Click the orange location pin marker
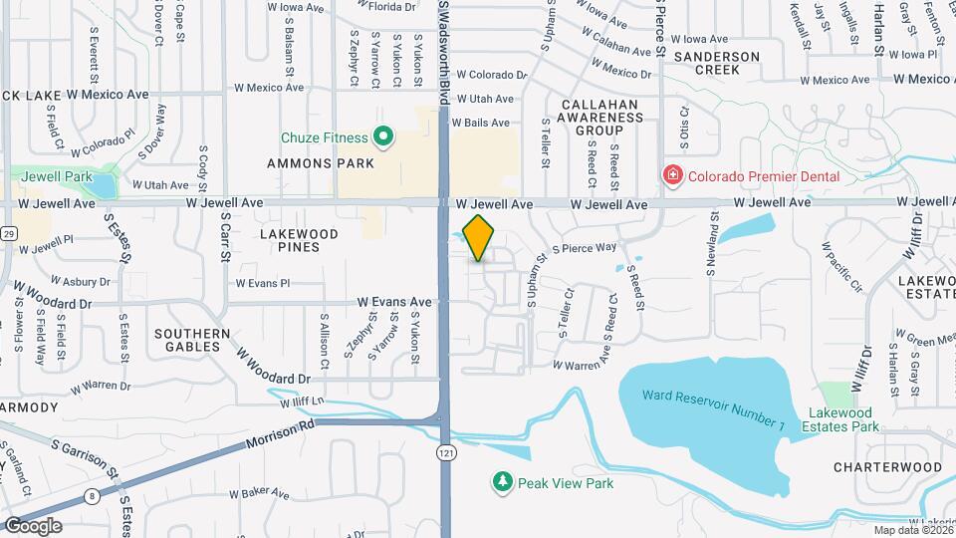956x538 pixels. pyautogui.click(x=479, y=237)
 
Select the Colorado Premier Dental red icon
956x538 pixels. pyautogui.click(x=673, y=176)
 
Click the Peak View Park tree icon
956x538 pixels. pyautogui.click(x=503, y=483)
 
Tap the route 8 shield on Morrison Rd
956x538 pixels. pyautogui.click(x=92, y=495)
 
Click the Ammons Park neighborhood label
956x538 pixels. pyautogui.click(x=320, y=162)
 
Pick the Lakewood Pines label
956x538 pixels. pyautogui.click(x=299, y=240)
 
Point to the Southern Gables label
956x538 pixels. pyautogui.click(x=193, y=340)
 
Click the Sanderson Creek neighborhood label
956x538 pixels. pyautogui.click(x=716, y=63)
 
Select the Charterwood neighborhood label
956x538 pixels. pyautogui.click(x=887, y=466)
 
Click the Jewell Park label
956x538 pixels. pyautogui.click(x=51, y=175)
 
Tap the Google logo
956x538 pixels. pyautogui.click(x=33, y=525)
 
